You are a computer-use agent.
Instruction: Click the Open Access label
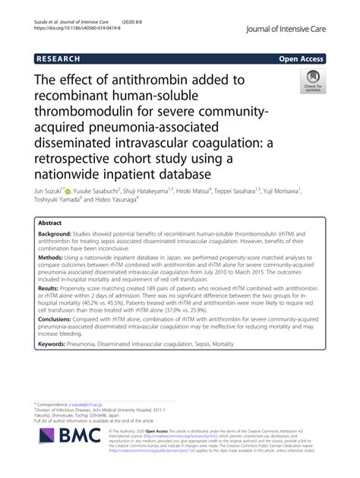coord(301,59)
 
